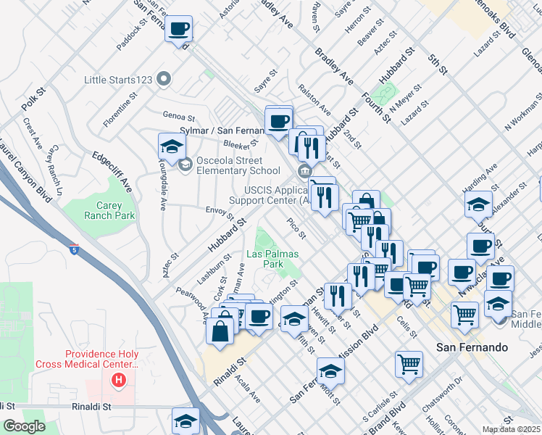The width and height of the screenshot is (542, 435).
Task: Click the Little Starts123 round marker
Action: pyautogui.click(x=164, y=78)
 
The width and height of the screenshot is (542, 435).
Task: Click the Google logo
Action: pyautogui.click(x=24, y=426)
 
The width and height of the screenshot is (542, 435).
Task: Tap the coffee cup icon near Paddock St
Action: pyautogui.click(x=178, y=29)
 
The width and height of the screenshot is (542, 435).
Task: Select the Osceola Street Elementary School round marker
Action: pyautogui.click(x=185, y=165)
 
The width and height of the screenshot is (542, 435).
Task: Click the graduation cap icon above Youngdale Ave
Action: pyautogui.click(x=172, y=146)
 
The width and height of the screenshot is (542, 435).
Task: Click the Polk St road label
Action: pyautogui.click(x=33, y=100)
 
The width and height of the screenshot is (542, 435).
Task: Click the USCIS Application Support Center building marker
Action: pyautogui.click(x=303, y=170)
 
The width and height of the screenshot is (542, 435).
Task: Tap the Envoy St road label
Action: pyautogui.click(x=220, y=212)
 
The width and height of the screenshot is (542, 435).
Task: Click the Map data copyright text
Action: pyautogui.click(x=511, y=429)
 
